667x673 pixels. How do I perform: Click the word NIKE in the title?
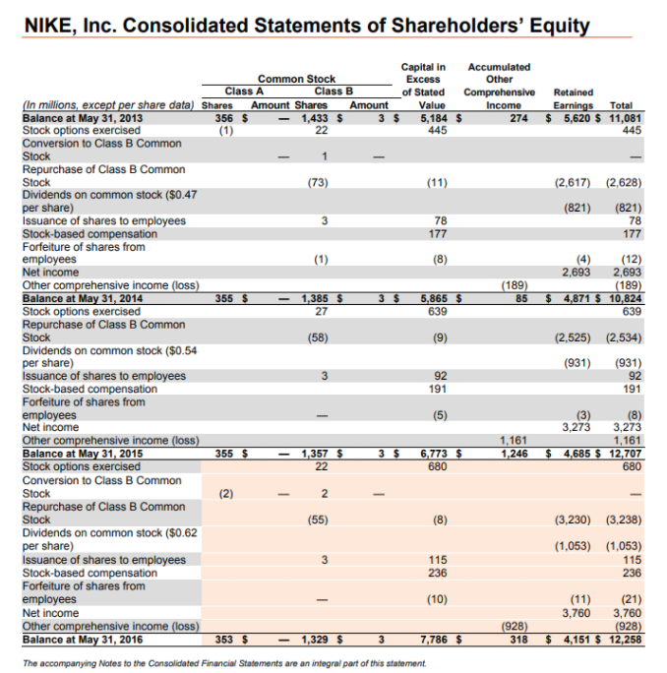pyautogui.click(x=49, y=26)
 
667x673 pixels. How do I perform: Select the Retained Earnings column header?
pyautogui.click(x=574, y=99)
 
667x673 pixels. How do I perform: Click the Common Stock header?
pyautogui.click(x=296, y=79)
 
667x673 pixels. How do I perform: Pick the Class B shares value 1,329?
pyautogui.click(x=314, y=640)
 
